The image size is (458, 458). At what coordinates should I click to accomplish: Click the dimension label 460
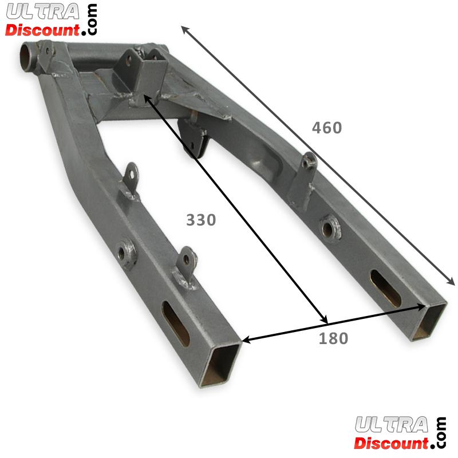tap(327, 128)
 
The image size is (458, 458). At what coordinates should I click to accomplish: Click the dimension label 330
tap(201, 220)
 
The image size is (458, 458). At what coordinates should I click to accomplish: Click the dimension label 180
tap(333, 338)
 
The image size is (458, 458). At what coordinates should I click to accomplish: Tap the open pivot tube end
tap(27, 57)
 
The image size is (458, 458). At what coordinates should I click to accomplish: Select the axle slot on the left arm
tap(176, 323)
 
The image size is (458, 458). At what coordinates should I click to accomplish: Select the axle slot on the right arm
tap(385, 288)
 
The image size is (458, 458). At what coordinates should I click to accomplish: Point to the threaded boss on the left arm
tap(125, 252)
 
